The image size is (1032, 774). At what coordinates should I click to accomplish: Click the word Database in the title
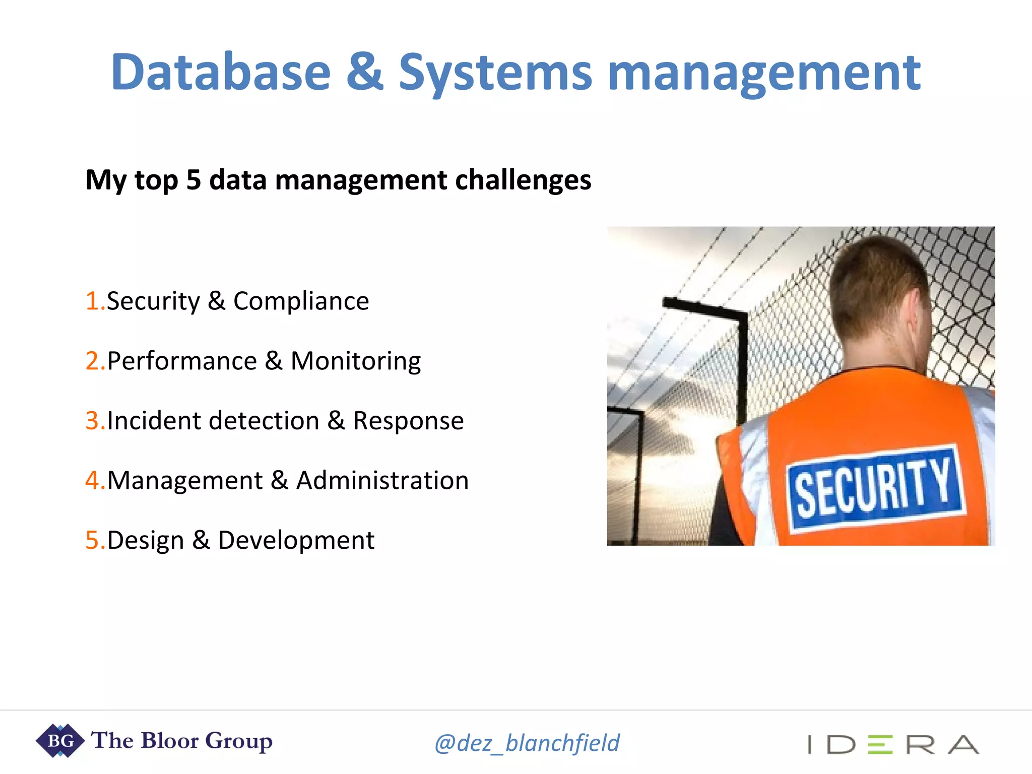pos(221,73)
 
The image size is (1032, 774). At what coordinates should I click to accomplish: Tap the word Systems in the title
pos(495,73)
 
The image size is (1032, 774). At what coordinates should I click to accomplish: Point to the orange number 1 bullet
pos(92,301)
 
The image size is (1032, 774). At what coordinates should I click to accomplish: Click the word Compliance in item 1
pos(301,301)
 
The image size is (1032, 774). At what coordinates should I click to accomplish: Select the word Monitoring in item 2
pos(356,361)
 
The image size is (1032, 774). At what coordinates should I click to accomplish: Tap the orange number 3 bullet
pos(92,421)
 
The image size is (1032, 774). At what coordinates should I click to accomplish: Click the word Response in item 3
pos(408,421)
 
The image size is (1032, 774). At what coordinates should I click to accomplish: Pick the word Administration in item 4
pos(382,480)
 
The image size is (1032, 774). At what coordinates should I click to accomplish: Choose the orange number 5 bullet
pos(92,540)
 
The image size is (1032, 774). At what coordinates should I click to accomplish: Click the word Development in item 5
pos(296,540)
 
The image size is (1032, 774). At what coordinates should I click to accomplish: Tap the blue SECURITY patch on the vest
pos(876,488)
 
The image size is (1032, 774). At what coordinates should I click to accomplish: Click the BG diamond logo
pos(60,741)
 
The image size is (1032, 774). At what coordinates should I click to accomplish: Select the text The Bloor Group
pos(181,741)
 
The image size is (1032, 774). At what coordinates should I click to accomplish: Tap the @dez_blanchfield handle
pos(527,743)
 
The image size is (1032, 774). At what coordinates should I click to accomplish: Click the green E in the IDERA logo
pos(880,744)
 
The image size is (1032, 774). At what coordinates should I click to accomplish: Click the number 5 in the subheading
pos(193,180)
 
